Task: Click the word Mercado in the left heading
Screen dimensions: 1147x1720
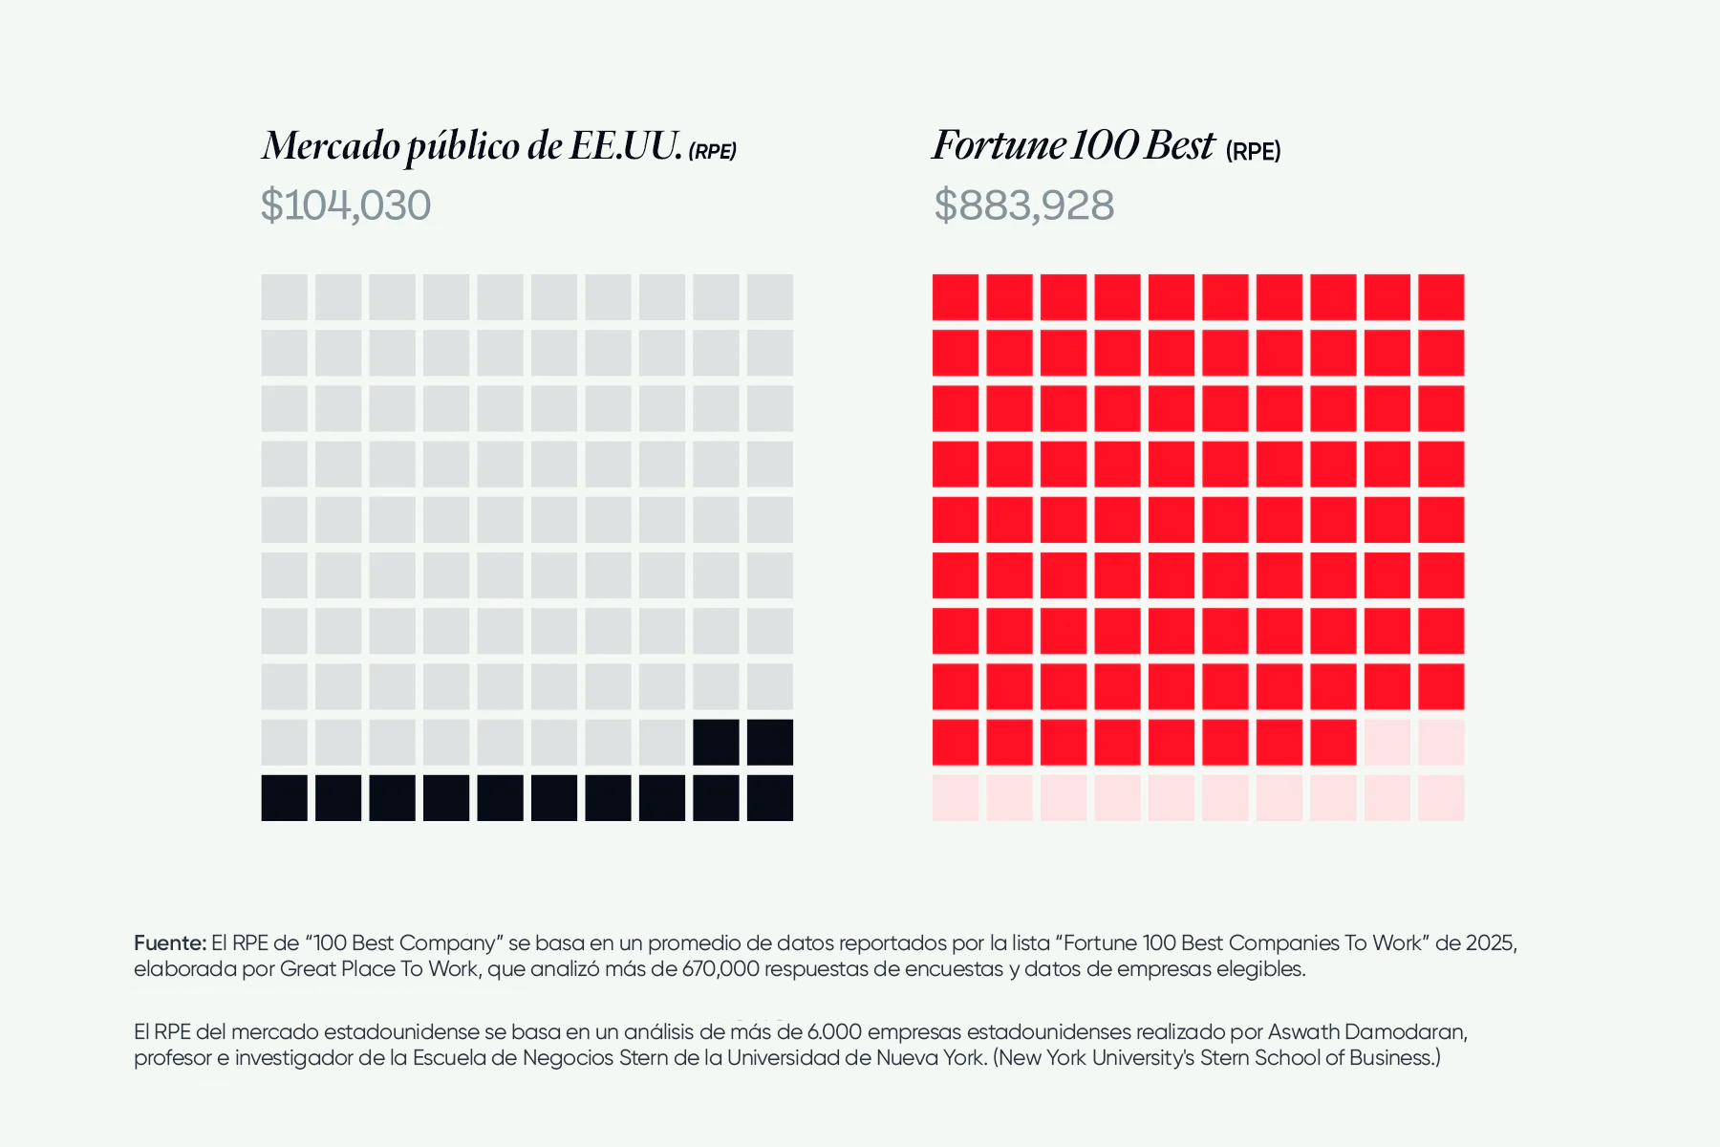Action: coord(332,146)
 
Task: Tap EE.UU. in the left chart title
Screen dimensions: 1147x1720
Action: coord(626,146)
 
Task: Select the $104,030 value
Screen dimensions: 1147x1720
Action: coord(346,206)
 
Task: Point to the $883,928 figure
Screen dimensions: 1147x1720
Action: coord(1023,206)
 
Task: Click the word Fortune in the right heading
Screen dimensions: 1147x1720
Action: coord(999,146)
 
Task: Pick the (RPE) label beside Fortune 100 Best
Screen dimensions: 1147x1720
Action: coord(1253,151)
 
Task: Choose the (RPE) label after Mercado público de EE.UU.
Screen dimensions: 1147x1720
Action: coord(712,151)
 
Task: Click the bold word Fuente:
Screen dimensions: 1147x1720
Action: coord(170,943)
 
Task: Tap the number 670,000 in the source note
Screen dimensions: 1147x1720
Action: coord(720,969)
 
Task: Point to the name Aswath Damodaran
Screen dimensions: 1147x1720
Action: coord(1367,1032)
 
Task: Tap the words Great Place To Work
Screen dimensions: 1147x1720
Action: coord(379,969)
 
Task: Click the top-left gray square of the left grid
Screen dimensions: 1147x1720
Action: coord(285,297)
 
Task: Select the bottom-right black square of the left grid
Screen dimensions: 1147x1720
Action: coord(770,798)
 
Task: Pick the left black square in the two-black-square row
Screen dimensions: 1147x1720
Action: coord(716,743)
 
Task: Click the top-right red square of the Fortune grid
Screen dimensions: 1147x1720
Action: coord(1441,297)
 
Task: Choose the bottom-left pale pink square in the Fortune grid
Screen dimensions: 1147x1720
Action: coord(956,798)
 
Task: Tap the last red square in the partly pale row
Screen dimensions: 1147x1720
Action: coord(1333,743)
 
